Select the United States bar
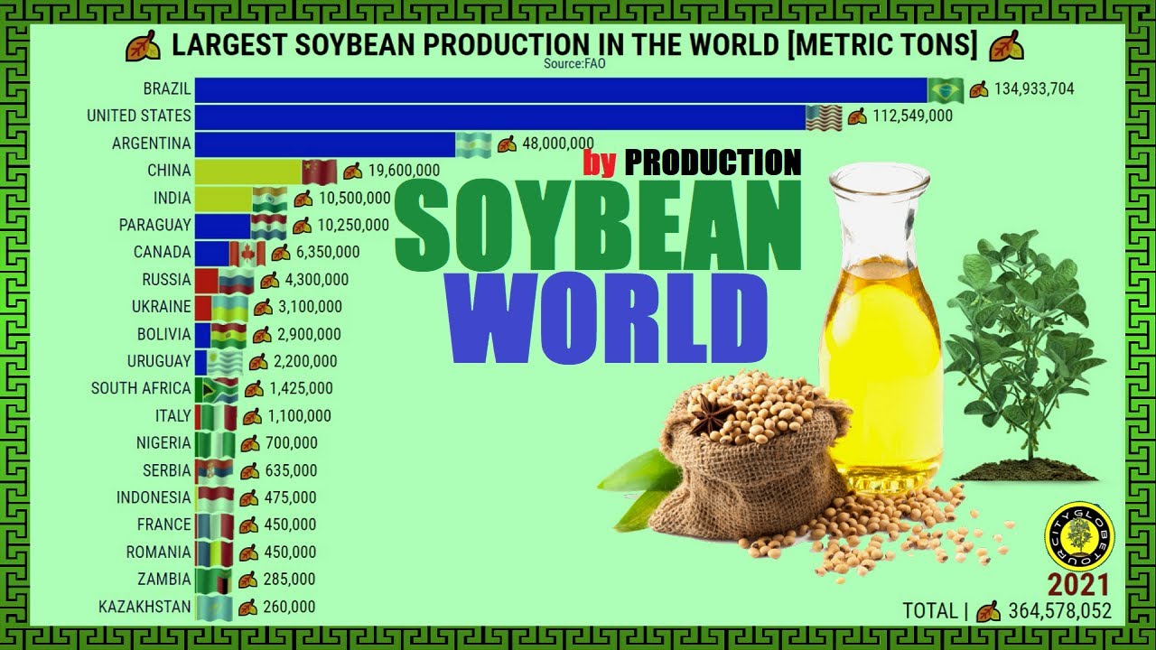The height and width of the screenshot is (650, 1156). click(500, 117)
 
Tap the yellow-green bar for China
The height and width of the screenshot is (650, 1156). click(248, 172)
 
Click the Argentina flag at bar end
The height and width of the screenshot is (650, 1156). click(474, 144)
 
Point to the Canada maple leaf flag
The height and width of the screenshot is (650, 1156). click(247, 254)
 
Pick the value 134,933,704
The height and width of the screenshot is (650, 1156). click(1034, 88)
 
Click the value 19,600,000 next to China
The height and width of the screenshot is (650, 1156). click(404, 171)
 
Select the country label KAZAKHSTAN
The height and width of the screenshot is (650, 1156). click(144, 607)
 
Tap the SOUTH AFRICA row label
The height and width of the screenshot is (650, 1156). click(141, 388)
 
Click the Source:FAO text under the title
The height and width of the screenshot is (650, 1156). click(574, 64)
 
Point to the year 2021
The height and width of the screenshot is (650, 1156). click(1078, 585)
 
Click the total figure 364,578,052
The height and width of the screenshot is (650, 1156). click(1060, 611)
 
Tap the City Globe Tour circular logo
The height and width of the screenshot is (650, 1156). click(1078, 536)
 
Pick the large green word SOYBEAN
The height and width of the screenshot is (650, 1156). click(598, 226)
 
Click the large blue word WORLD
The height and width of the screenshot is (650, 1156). click(609, 319)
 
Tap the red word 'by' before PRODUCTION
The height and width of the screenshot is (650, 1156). click(600, 163)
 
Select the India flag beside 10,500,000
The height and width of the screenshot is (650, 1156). click(270, 200)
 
